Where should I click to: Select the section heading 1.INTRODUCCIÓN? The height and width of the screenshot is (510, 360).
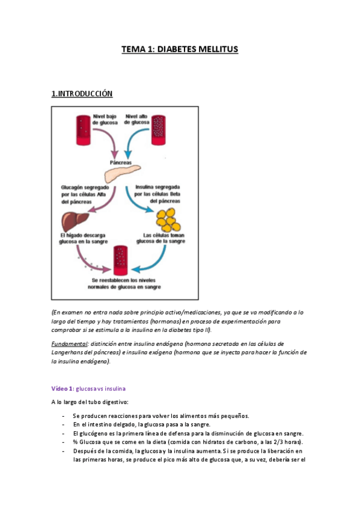pyautogui.click(x=82, y=94)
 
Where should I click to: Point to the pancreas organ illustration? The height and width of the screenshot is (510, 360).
pyautogui.click(x=123, y=173)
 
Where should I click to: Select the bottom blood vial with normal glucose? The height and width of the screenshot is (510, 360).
pyautogui.click(x=120, y=260)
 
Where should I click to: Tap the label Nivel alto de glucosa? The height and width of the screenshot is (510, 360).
pyautogui.click(x=137, y=118)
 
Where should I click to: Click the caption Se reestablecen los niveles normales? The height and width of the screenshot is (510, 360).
pyautogui.click(x=124, y=284)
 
